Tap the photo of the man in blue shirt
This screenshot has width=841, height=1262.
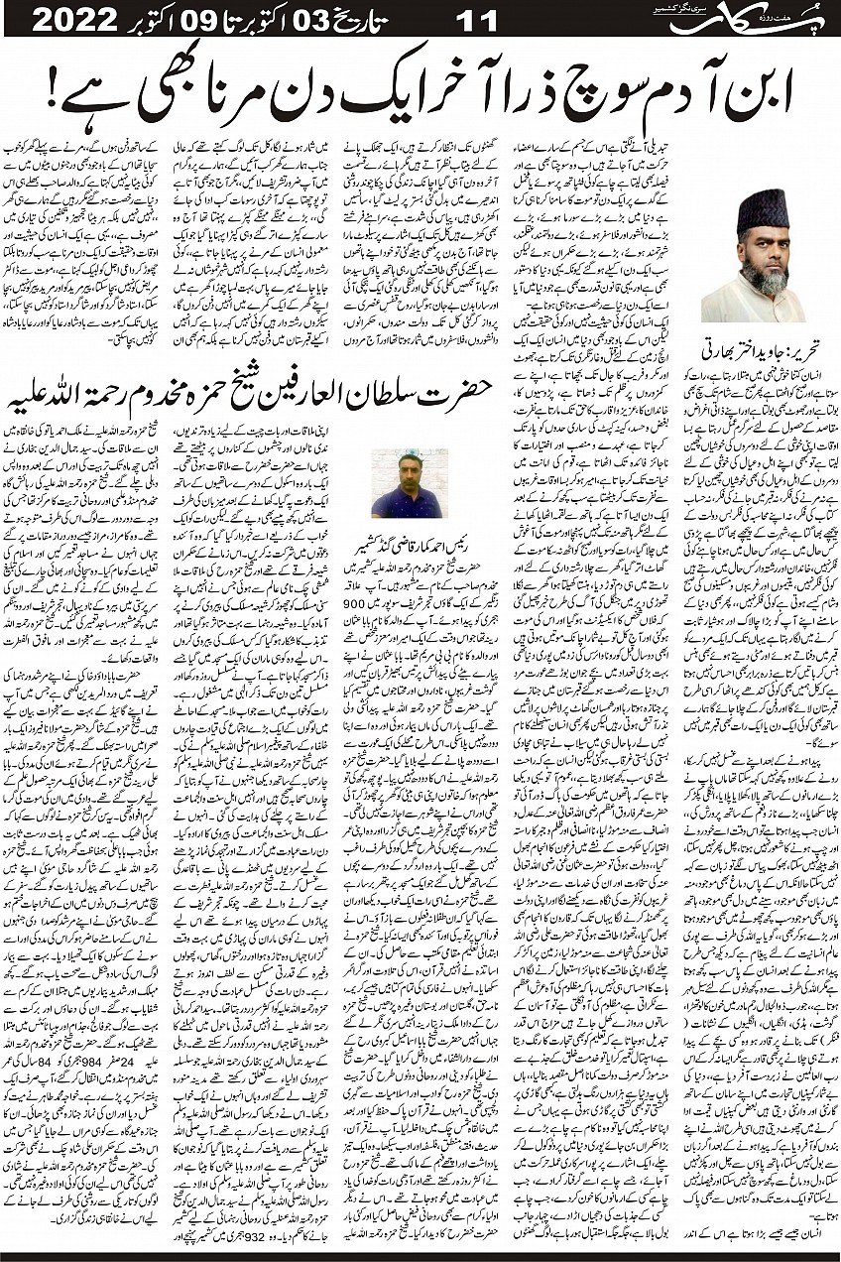pos(409,484)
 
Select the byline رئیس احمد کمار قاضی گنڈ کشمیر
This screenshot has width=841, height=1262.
pos(410,546)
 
